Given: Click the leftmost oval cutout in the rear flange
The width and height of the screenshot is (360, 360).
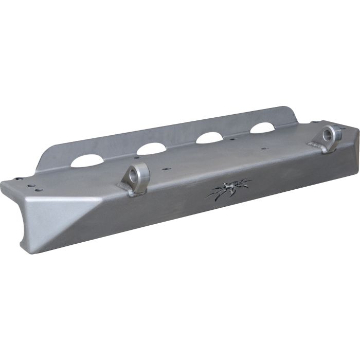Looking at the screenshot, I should (x=85, y=161).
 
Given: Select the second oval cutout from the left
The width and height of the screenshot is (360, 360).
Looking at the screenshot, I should (x=151, y=149).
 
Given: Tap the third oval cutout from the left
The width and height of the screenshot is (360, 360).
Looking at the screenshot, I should (x=209, y=138).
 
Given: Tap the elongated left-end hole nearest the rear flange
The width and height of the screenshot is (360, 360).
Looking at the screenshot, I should (x=20, y=179).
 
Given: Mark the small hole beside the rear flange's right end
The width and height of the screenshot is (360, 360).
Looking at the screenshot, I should (x=312, y=122).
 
